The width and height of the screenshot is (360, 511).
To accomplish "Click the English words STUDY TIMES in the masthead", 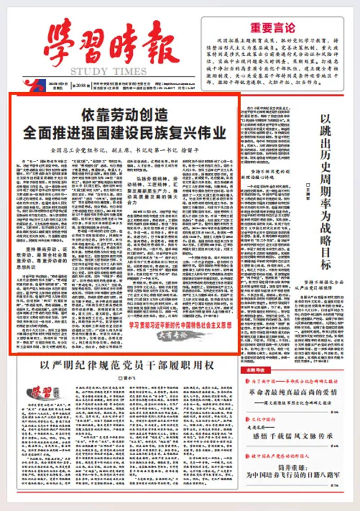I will (108, 71).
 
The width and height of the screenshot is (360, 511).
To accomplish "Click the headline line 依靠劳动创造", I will (124, 116).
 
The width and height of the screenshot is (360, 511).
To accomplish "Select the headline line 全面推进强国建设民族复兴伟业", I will (125, 133).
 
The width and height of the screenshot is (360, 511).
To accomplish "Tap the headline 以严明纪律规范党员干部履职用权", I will (126, 365).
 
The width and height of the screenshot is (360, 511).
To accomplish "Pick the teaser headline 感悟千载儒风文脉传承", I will (293, 435).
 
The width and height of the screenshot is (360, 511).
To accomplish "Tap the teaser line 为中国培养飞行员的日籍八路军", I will (293, 475).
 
